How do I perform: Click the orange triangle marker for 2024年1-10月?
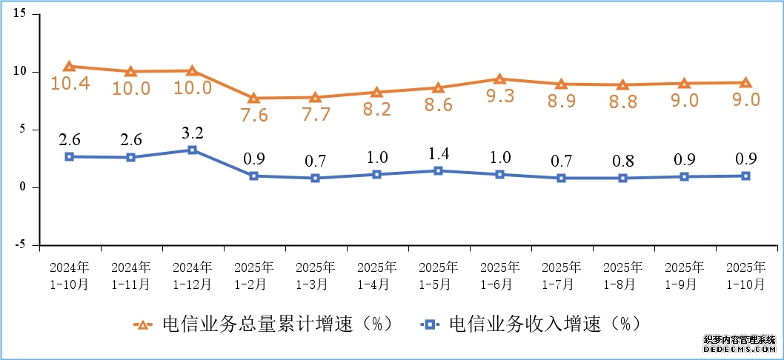tap(69, 67)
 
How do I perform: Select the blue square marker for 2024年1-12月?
tap(192, 150)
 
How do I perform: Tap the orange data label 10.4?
tap(70, 83)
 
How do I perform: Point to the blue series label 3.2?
tap(193, 133)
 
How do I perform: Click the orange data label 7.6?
tap(254, 115)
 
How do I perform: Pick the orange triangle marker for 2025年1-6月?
tap(499, 79)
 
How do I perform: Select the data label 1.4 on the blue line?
tap(438, 154)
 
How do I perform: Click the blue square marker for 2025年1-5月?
tap(438, 170)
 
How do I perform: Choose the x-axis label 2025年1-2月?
tap(254, 275)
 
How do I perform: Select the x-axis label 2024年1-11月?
tap(131, 275)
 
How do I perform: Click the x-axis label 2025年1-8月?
tap(623, 275)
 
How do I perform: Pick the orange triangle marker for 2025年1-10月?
tap(745, 83)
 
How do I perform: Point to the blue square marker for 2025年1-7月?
tap(561, 178)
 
